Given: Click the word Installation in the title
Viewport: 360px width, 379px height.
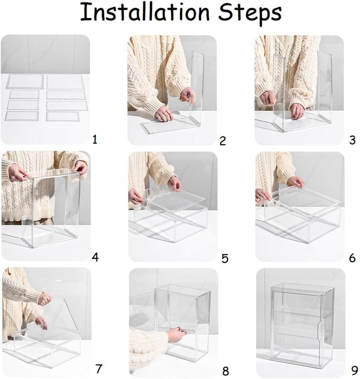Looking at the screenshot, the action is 145,12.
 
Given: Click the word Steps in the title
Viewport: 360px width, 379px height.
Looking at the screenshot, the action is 250,13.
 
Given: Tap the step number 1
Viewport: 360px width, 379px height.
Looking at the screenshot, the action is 95,139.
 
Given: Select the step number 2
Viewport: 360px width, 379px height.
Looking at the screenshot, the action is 222,140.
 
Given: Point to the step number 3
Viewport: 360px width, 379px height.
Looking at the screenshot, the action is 352,140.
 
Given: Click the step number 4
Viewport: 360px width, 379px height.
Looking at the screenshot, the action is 95,257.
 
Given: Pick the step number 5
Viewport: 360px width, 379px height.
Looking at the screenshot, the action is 225,258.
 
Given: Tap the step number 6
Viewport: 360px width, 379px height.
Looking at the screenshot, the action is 352,258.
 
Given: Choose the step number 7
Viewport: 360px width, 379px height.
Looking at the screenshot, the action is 98,369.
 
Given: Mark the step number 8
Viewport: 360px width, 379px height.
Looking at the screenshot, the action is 225,371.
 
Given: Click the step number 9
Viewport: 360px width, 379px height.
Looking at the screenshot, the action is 354,370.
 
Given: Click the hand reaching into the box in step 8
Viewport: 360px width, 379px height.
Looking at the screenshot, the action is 176,334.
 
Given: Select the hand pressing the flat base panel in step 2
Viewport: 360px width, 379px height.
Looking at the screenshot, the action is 163,113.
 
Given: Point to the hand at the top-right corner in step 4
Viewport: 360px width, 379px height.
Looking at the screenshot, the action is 81,167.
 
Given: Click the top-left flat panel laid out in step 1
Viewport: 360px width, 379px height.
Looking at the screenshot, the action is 25,81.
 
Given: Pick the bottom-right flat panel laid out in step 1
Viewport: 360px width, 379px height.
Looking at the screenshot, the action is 63,116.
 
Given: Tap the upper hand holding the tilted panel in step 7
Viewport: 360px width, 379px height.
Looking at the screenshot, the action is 44,299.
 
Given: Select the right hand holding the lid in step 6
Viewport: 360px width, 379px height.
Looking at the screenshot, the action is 296,182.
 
